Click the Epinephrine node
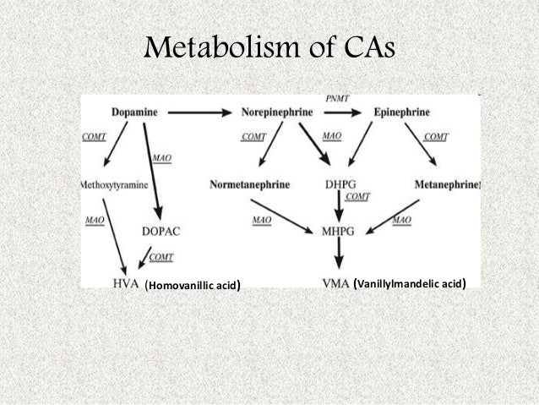pos(404,111)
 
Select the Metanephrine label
pos(447,183)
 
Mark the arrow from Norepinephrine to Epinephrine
pos(347,112)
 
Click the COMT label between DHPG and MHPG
pos(358,196)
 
